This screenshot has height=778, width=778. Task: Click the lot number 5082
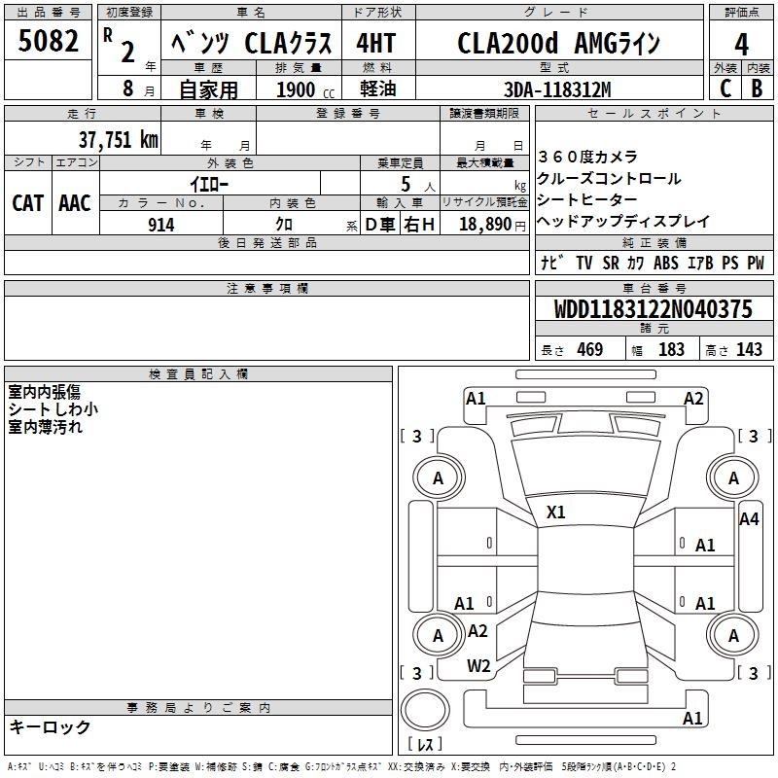[x=49, y=44]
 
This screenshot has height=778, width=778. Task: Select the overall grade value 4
[x=741, y=45]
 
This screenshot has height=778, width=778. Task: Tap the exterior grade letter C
[x=725, y=88]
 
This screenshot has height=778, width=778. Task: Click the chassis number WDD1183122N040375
[x=654, y=310]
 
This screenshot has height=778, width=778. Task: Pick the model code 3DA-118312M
[x=557, y=89]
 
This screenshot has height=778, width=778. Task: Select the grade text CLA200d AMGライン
[x=558, y=45]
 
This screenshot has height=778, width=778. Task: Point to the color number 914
[x=160, y=225]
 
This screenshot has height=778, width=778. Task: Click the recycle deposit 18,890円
[x=484, y=225]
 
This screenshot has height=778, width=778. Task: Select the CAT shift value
[x=27, y=203]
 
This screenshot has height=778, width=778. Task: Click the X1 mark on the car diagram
[x=556, y=512]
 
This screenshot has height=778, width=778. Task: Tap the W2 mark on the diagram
[x=477, y=665]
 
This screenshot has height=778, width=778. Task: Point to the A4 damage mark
[x=749, y=519]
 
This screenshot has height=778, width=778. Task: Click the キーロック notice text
[x=50, y=726]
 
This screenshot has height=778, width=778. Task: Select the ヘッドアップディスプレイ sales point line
[x=623, y=221]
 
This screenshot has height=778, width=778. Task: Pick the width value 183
[x=671, y=350]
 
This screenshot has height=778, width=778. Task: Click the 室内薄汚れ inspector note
[x=45, y=427]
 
